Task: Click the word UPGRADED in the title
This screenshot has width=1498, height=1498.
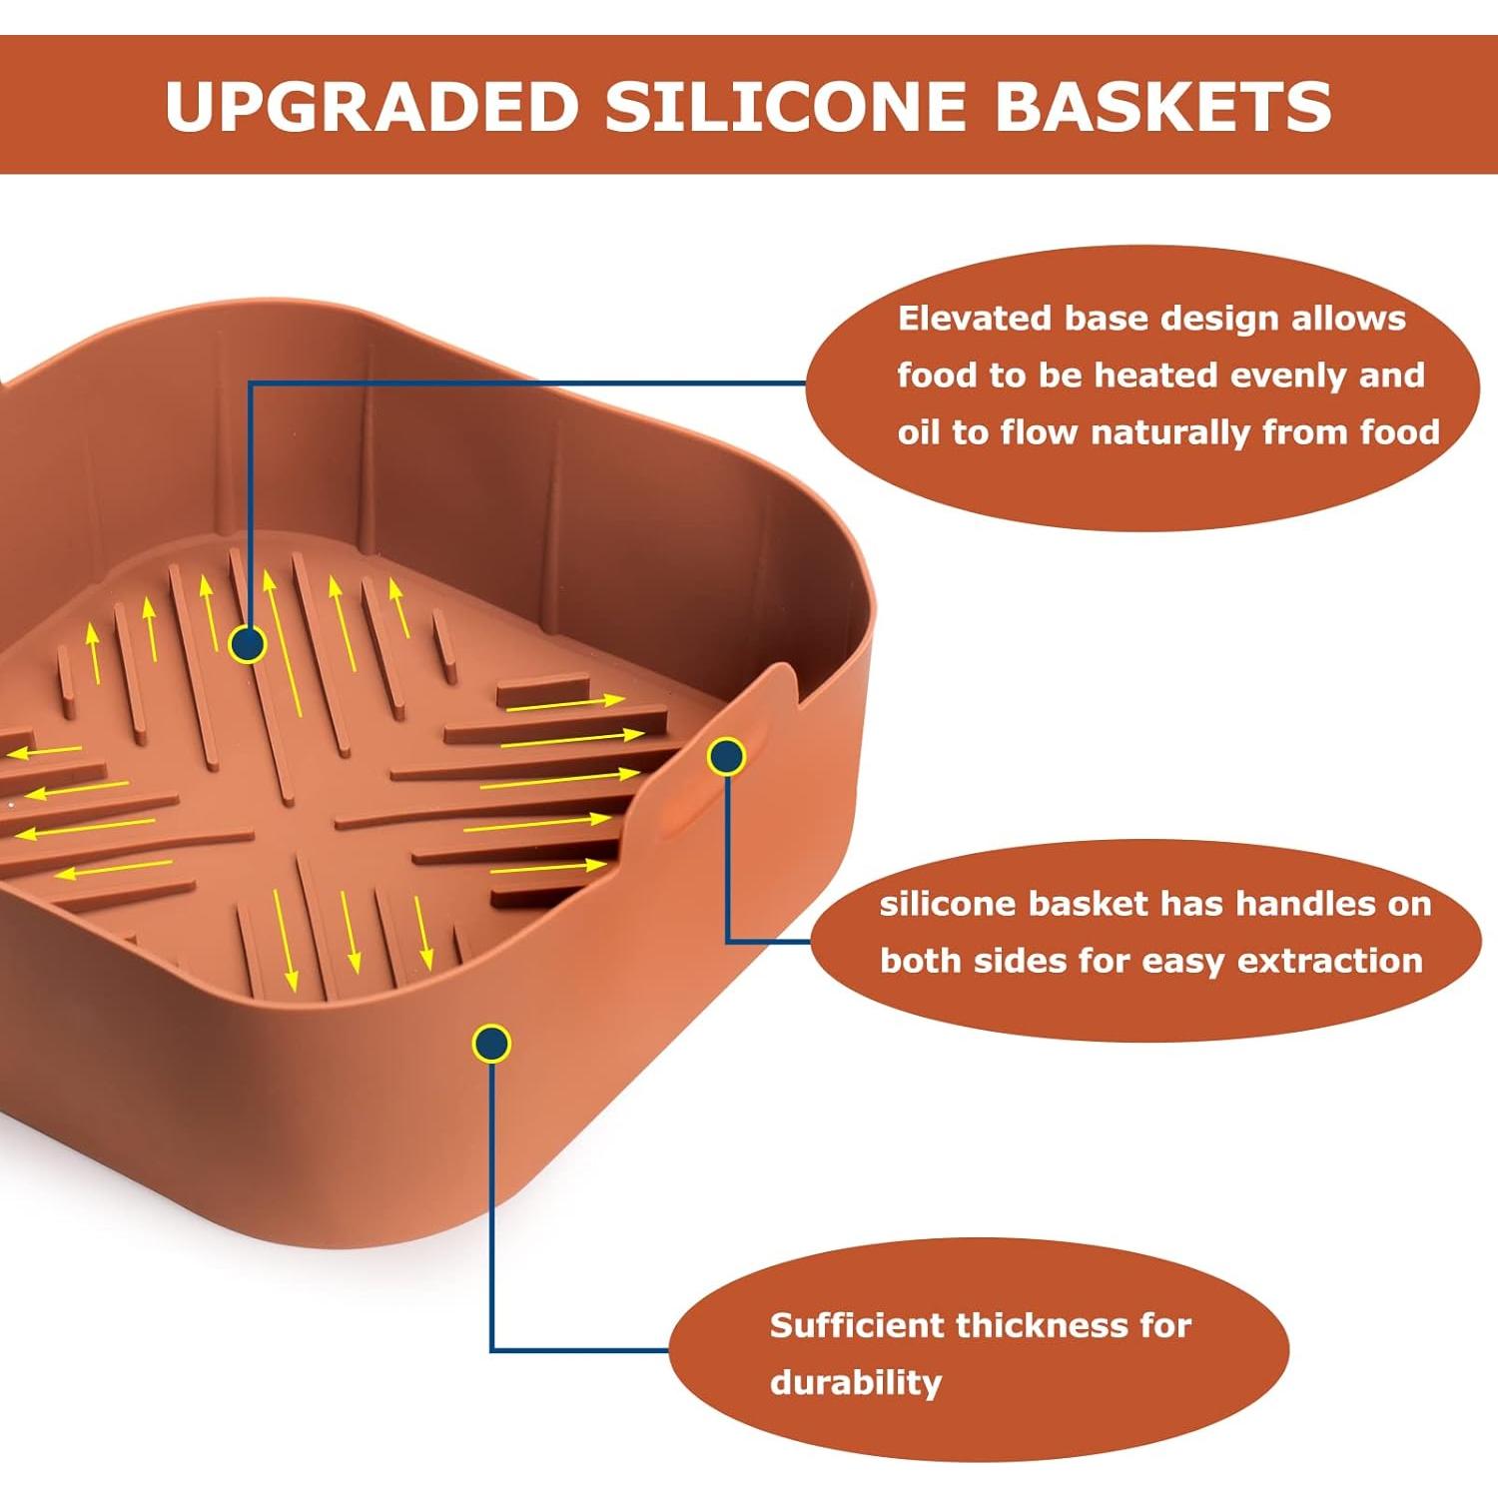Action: tap(372, 105)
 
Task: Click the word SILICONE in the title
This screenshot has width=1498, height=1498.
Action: tap(786, 105)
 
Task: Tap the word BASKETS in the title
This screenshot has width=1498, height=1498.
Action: tap(1163, 105)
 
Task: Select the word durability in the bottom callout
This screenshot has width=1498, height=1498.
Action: tap(856, 1383)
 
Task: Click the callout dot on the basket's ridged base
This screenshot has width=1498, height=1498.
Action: tap(247, 644)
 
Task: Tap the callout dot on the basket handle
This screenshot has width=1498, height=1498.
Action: tap(726, 757)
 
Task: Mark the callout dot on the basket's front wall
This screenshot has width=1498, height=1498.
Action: tap(491, 1044)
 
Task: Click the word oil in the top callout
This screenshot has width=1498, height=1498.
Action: tap(919, 432)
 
